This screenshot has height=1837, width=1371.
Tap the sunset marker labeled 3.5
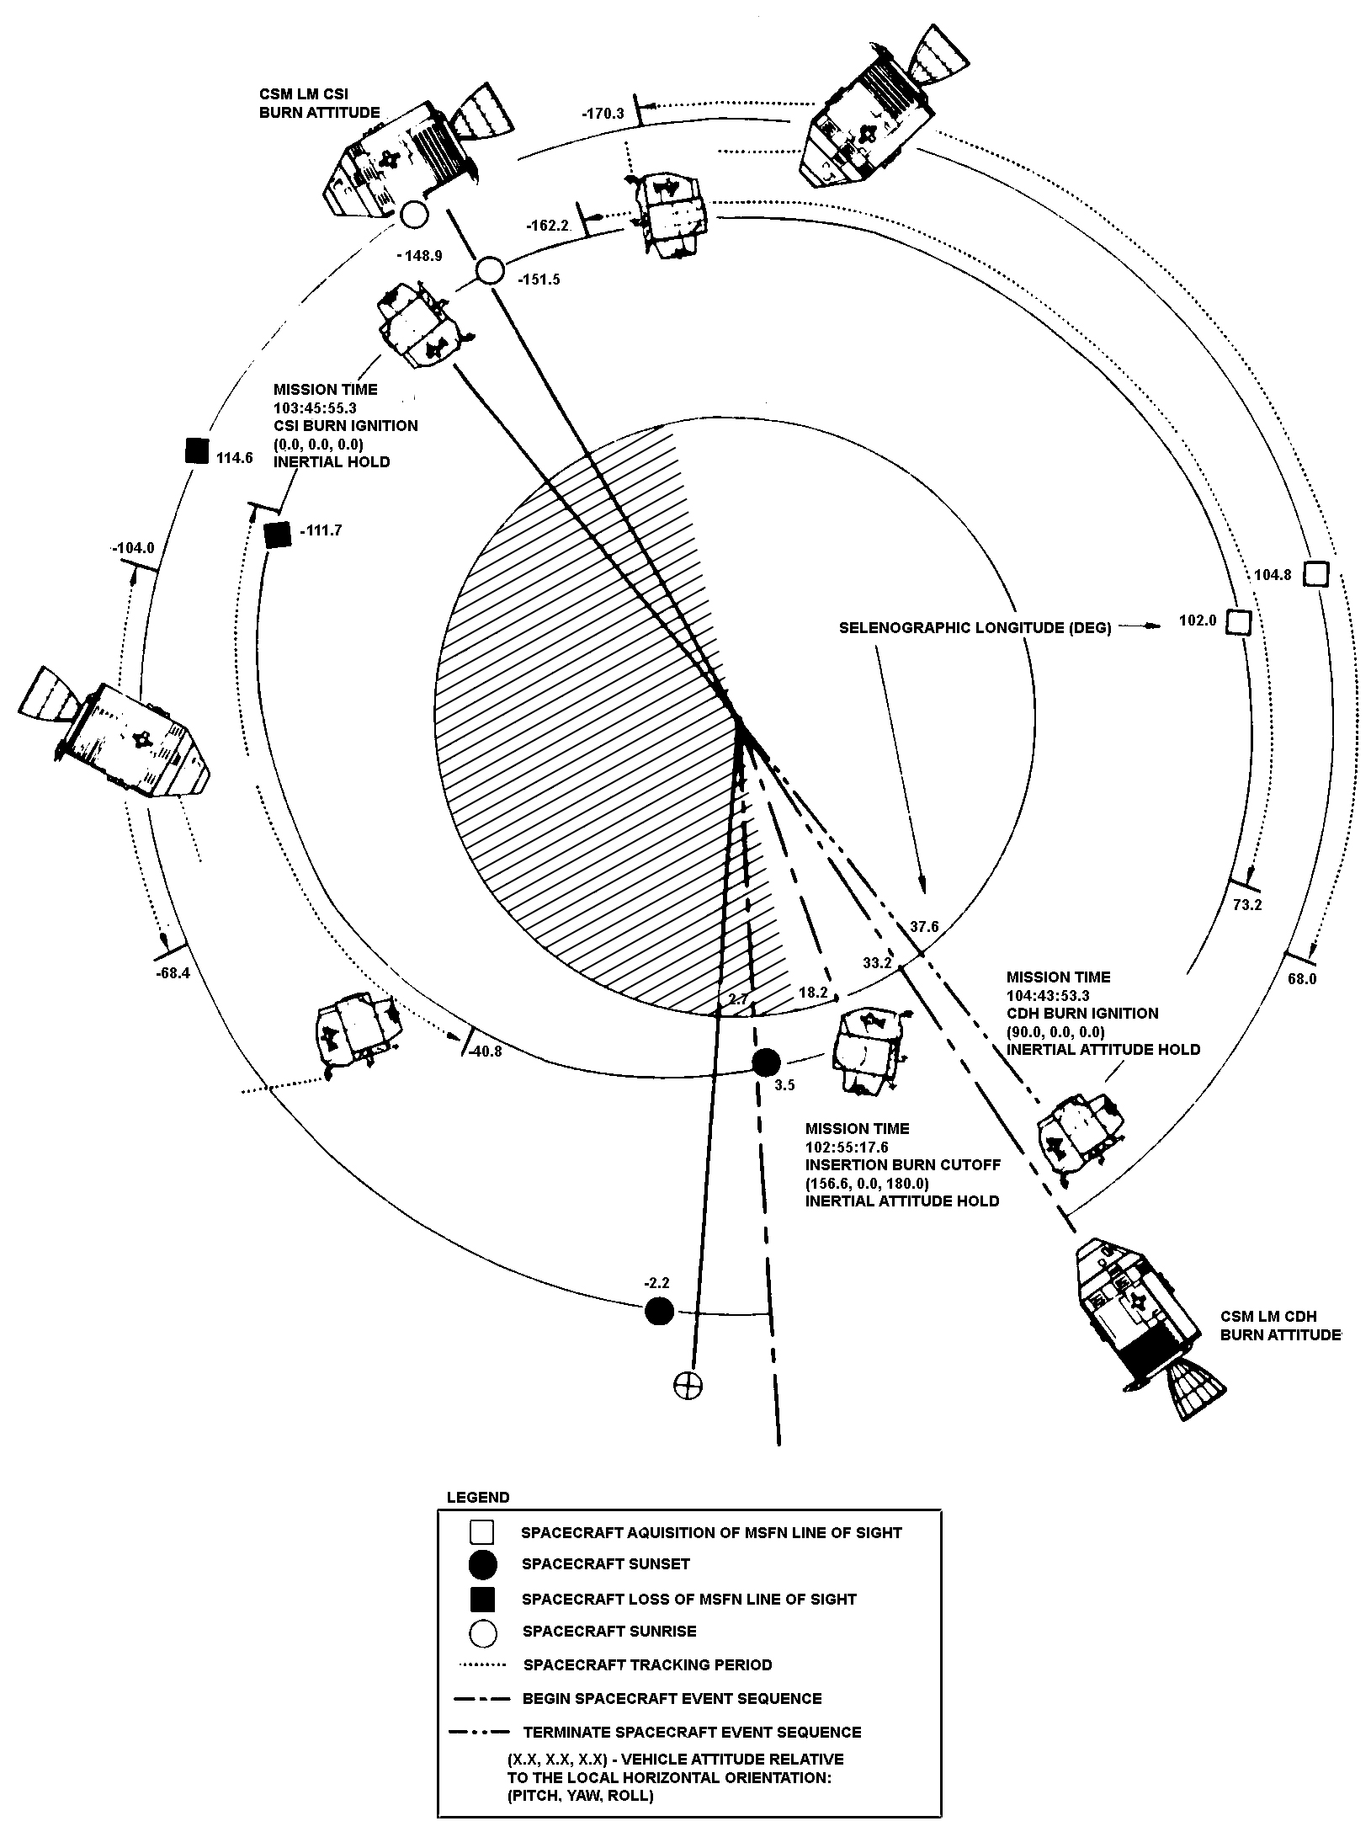tap(766, 1063)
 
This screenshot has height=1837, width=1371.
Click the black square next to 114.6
tap(196, 451)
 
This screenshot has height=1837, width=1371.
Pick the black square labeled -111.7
tap(277, 535)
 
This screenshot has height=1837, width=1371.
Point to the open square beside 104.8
tap(1316, 574)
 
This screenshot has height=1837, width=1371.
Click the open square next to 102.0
tap(1238, 622)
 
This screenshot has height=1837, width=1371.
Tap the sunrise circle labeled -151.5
tap(490, 271)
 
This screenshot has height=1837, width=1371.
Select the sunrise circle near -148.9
tap(413, 216)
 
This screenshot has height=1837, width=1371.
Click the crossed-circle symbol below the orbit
tap(688, 1385)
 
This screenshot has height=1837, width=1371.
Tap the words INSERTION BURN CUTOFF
tap(903, 1164)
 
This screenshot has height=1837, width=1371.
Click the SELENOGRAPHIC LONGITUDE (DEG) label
tap(975, 628)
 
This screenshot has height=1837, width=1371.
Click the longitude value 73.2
tap(1246, 905)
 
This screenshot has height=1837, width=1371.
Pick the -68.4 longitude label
tap(173, 972)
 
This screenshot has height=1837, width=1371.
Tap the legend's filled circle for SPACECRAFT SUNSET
tap(482, 1564)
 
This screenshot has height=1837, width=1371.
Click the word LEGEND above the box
tap(477, 1498)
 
